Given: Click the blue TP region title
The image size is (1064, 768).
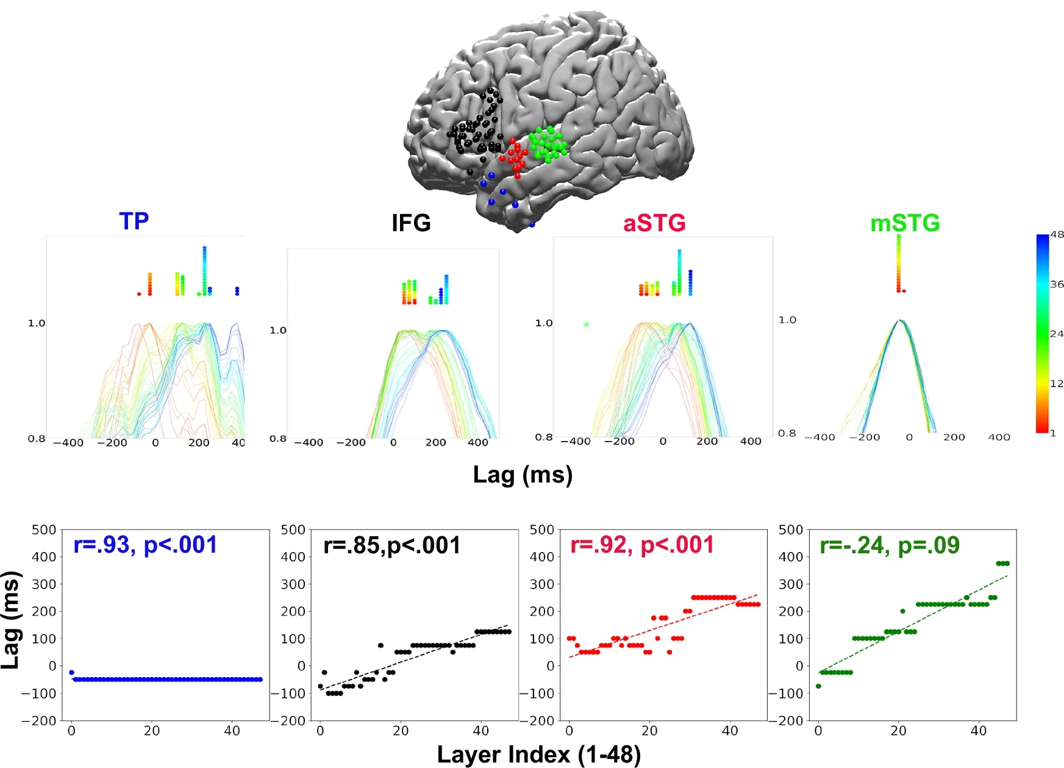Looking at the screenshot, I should click(134, 221).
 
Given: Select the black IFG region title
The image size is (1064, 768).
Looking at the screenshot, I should click(411, 223).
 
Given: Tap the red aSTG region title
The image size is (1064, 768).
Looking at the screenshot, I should click(654, 223).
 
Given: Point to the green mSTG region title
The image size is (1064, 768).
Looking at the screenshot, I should click(905, 223).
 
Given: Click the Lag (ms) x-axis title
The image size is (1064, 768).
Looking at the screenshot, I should click(523, 475).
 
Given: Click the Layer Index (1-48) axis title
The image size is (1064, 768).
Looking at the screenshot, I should click(538, 755).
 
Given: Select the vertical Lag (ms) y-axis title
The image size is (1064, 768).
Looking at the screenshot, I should click(10, 620).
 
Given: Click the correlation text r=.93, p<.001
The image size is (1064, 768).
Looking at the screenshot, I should click(145, 545).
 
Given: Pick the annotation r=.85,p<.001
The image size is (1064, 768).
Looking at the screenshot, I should click(391, 545).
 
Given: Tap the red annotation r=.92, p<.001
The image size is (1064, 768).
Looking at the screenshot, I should click(641, 545).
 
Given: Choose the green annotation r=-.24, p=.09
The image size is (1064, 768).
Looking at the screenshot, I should click(889, 545).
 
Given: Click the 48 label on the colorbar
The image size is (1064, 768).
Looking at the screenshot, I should click(1057, 234).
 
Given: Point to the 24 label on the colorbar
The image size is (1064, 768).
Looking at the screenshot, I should click(1057, 334).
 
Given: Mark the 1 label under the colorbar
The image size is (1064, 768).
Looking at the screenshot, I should click(1052, 433).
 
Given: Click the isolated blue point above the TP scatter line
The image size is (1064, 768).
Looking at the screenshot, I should click(71, 672).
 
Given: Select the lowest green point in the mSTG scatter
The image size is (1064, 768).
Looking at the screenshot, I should click(818, 686).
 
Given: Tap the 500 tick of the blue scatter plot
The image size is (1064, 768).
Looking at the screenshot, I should click(44, 529).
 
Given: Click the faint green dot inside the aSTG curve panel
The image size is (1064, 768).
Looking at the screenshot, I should click(586, 324).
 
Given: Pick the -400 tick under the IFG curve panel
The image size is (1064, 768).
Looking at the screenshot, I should click(309, 442).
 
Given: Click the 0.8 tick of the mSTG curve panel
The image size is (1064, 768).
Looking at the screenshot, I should click(787, 433).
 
